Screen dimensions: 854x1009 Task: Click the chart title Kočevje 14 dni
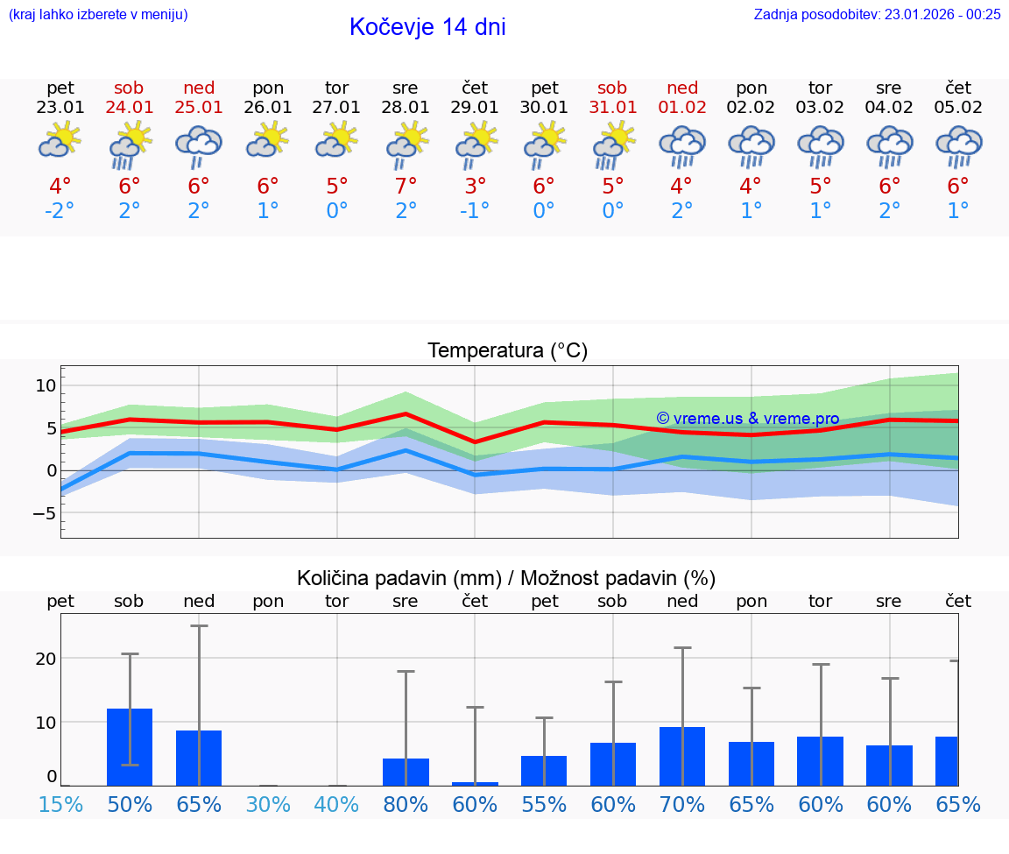(427, 27)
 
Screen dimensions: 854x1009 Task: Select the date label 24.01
(129, 108)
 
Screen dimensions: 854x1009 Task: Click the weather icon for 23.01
(60, 141)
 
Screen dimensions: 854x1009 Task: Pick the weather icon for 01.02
(682, 145)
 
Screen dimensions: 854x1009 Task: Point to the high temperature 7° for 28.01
(406, 186)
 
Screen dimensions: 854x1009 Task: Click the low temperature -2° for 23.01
(60, 211)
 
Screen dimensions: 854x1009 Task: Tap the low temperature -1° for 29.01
(475, 211)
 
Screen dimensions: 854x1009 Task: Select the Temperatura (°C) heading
(507, 351)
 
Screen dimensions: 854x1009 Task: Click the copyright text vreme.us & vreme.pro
(747, 419)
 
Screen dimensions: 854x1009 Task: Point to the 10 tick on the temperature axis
(46, 385)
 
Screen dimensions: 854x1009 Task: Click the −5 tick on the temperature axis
(44, 513)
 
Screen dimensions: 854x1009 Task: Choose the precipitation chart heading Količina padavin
(506, 578)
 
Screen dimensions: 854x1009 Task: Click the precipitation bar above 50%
(130, 747)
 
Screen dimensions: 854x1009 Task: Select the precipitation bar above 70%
(682, 756)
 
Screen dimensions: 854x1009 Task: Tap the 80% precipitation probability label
(406, 804)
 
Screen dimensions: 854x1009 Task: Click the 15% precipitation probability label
(60, 804)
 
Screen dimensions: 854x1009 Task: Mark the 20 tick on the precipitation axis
(46, 659)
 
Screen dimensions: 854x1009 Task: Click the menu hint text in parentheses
(98, 14)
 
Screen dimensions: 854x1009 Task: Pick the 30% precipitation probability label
(268, 804)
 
